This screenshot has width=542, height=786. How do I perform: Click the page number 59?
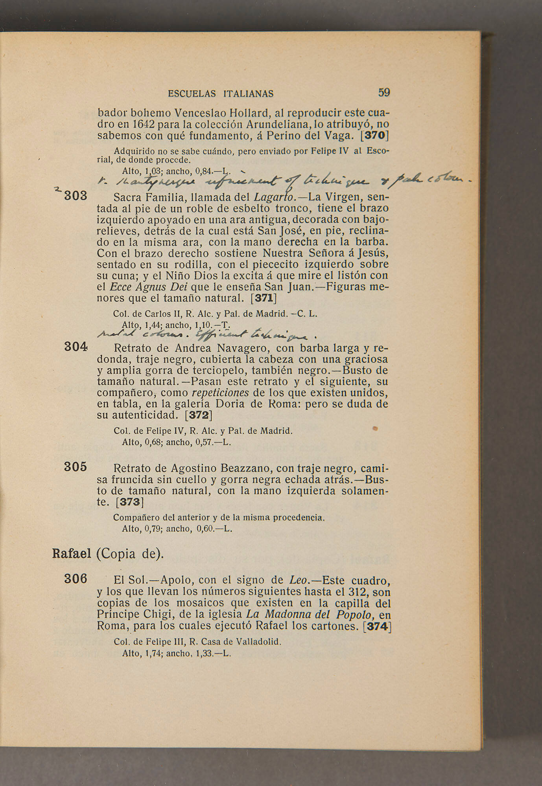click(384, 93)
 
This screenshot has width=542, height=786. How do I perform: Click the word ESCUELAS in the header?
click(192, 94)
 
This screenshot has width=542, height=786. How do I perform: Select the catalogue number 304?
click(76, 347)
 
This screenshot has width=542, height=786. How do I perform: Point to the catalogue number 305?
click(76, 467)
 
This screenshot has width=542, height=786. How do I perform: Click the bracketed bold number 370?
click(375, 135)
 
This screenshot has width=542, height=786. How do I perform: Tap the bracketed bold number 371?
click(264, 298)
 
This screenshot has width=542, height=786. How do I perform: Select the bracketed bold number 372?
click(199, 415)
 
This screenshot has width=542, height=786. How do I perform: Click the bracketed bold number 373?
click(130, 502)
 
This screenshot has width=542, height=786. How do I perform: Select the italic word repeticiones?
click(220, 393)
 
